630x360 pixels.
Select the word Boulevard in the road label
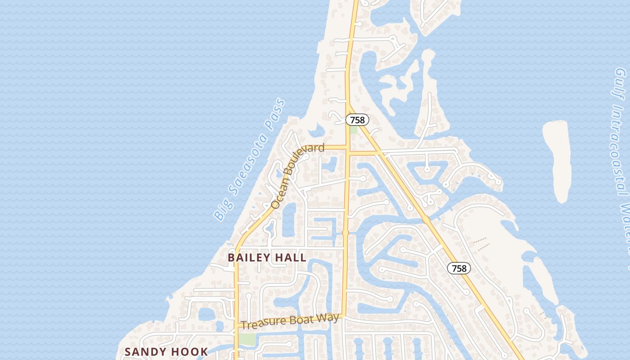pos(308,152)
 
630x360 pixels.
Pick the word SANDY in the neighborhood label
pos(143,352)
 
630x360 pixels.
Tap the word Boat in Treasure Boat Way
pos(298,320)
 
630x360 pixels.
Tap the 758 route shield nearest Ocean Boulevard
pos(357,120)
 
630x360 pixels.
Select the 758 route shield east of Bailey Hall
pos(459,269)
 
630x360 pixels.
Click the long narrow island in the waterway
pos(558,160)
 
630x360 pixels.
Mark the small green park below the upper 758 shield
pos(354,130)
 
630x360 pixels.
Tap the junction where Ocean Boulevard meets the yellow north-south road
pos(347,147)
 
